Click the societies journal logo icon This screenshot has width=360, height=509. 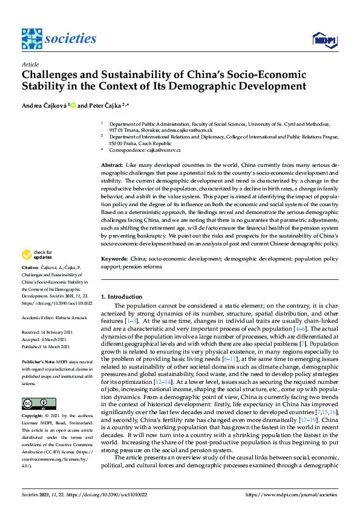click(x=31, y=38)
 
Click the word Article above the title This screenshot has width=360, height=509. click(x=30, y=63)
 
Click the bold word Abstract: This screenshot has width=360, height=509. click(x=113, y=165)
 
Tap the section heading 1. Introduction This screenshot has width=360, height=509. click(x=121, y=297)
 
